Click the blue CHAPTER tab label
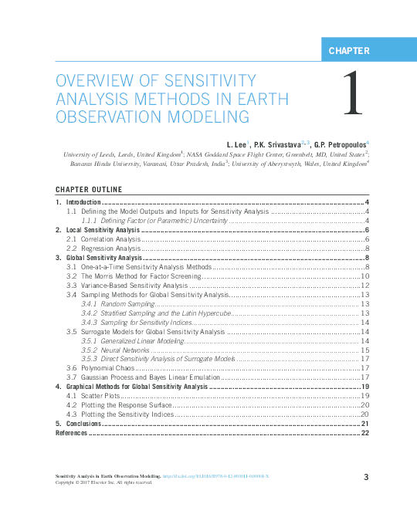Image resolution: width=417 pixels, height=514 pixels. [349, 51]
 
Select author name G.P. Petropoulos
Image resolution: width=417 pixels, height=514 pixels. [341, 144]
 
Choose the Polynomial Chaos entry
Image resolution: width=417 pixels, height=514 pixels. [99, 368]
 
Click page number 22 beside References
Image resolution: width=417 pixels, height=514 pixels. [365, 433]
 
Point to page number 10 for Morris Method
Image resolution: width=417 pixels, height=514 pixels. [365, 276]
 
